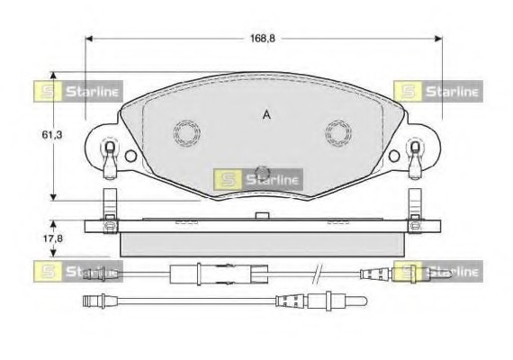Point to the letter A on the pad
click(265, 114)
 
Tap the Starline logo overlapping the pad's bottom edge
click(257, 179)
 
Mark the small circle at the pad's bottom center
click(264, 174)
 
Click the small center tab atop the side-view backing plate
click(262, 214)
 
